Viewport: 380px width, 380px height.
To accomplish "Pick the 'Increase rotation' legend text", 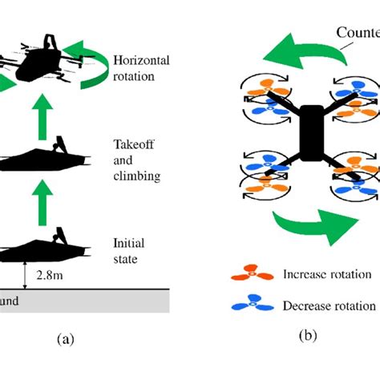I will click(x=326, y=274).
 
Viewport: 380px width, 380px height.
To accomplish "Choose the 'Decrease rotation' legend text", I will click(x=329, y=305).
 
